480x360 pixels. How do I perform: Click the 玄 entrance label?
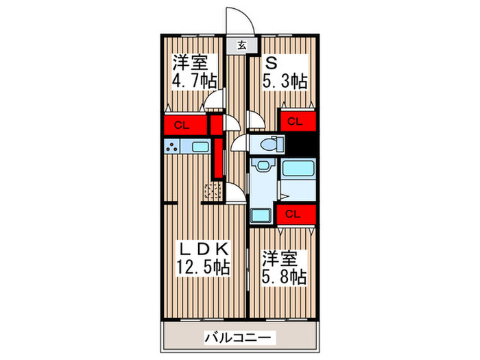point(242,46)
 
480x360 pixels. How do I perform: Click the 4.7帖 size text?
point(195,80)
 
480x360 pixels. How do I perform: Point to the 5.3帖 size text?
point(285,81)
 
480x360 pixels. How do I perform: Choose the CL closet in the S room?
point(296,121)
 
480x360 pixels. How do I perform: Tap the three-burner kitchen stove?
point(171,146)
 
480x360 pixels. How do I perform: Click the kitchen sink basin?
point(200,147)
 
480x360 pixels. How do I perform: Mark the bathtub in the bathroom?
point(298,169)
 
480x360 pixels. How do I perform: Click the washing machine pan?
point(261,215)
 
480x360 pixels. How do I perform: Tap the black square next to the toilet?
point(302,144)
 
